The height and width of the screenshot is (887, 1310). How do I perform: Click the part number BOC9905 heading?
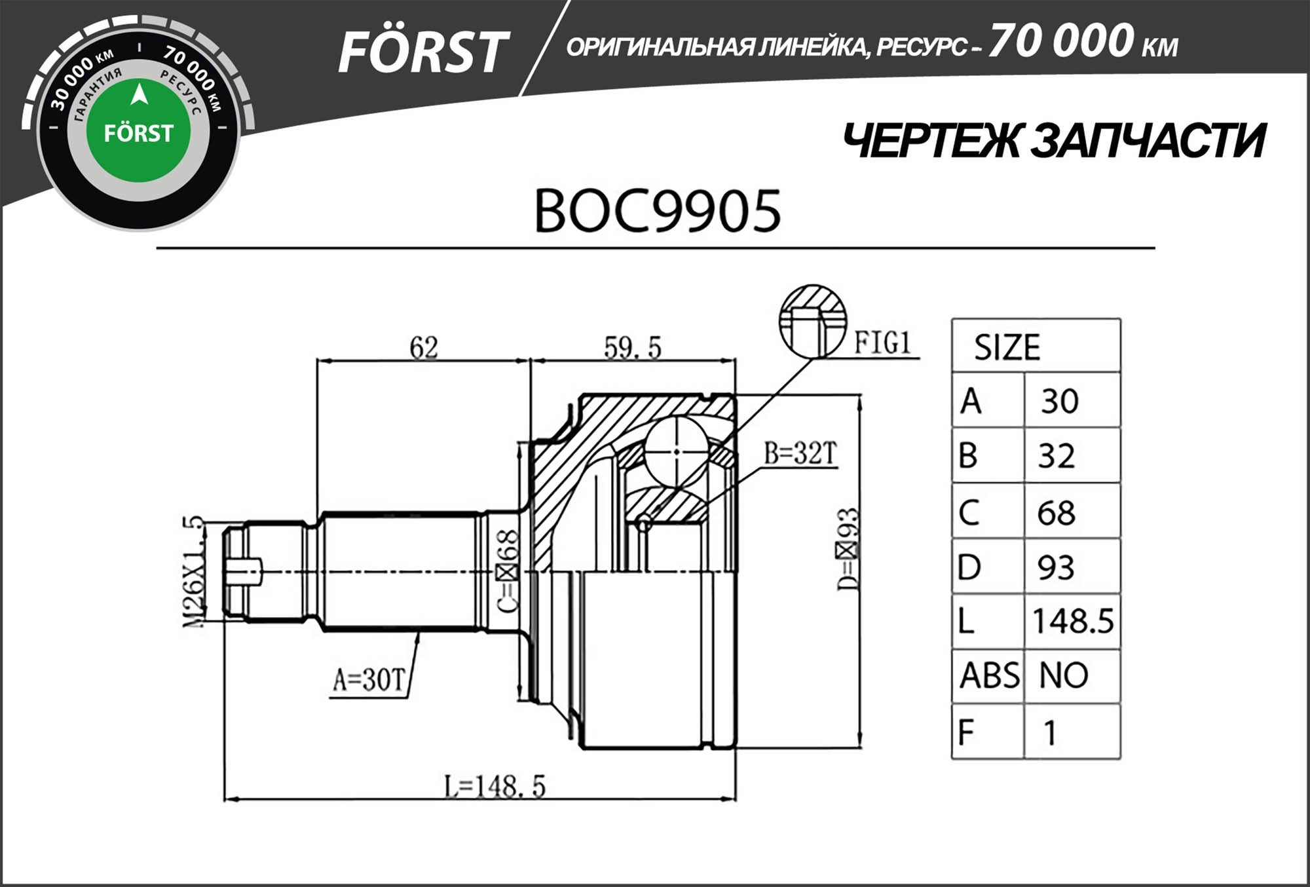click(657, 212)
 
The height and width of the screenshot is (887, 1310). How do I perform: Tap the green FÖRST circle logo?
click(138, 132)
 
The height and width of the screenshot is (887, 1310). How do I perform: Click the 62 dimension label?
click(423, 347)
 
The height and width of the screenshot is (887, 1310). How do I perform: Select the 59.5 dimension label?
click(632, 347)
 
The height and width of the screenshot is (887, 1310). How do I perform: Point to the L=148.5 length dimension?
click(495, 786)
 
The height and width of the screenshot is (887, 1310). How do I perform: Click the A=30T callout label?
click(369, 680)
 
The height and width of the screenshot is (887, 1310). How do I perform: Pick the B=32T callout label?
click(800, 453)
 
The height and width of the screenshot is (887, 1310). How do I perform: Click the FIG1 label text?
click(882, 343)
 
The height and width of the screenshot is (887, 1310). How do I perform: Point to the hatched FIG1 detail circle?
click(812, 321)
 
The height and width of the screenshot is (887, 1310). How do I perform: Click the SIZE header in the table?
click(1006, 347)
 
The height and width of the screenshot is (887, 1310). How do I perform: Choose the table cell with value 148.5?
click(1072, 621)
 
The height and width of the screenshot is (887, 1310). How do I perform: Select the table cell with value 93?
click(1055, 567)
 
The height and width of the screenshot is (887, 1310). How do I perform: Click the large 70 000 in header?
click(1060, 41)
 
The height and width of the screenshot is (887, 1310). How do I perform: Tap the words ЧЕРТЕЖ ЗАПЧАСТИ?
click(1053, 141)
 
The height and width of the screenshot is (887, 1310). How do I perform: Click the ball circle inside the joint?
click(676, 451)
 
